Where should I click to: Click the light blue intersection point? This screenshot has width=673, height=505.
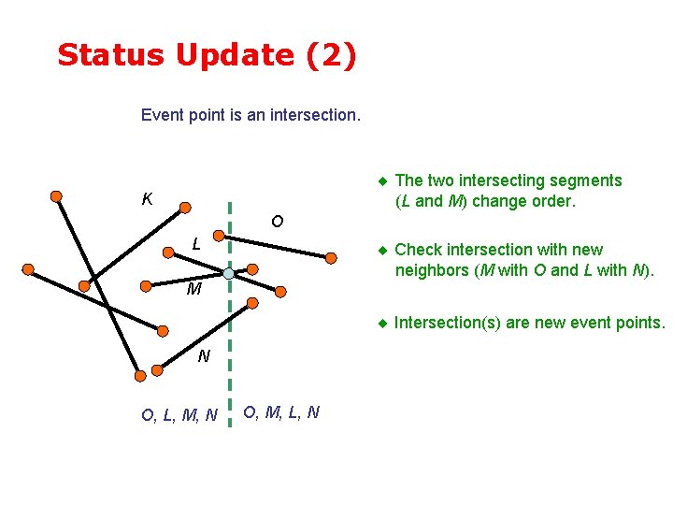coord(229,273)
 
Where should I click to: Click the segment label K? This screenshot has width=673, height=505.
coord(147,199)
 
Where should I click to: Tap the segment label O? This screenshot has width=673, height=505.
coord(277,222)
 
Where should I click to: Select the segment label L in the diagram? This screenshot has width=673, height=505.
coord(196,245)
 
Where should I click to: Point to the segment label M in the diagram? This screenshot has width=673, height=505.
coord(193,290)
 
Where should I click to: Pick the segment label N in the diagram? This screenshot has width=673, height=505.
coord(203,356)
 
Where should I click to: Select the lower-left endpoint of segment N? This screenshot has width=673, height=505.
coord(140,375)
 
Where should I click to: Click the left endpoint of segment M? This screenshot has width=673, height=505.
coord(85,285)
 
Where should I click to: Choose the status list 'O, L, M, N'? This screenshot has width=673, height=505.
coord(179,414)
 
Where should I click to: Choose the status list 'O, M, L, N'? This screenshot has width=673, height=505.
coord(281,411)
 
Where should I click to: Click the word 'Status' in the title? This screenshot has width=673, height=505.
coord(109,55)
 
